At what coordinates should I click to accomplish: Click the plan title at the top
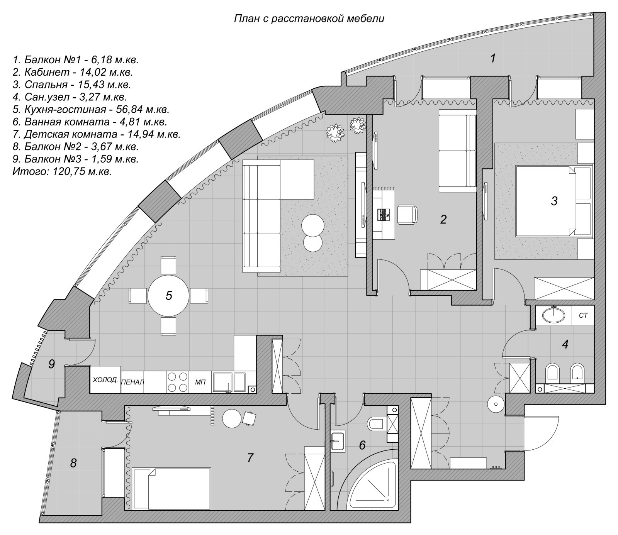click(x=309, y=19)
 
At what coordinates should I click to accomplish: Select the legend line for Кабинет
click(x=78, y=72)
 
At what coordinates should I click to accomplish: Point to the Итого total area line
click(x=62, y=171)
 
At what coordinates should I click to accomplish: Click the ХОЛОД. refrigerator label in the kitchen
click(x=105, y=380)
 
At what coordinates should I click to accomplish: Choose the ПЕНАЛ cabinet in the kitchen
click(x=132, y=383)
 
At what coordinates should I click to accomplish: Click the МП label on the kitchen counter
click(x=200, y=382)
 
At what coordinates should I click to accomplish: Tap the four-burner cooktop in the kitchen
click(x=178, y=382)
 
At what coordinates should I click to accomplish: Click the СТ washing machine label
click(x=583, y=316)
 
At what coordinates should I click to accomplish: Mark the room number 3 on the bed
click(x=554, y=201)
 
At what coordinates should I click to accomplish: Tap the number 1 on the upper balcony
click(x=492, y=59)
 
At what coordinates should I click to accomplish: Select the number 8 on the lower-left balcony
click(x=73, y=463)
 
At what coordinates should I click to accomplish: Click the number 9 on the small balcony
click(x=51, y=364)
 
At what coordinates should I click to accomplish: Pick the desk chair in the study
click(x=407, y=214)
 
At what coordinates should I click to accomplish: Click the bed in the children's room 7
click(x=172, y=489)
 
